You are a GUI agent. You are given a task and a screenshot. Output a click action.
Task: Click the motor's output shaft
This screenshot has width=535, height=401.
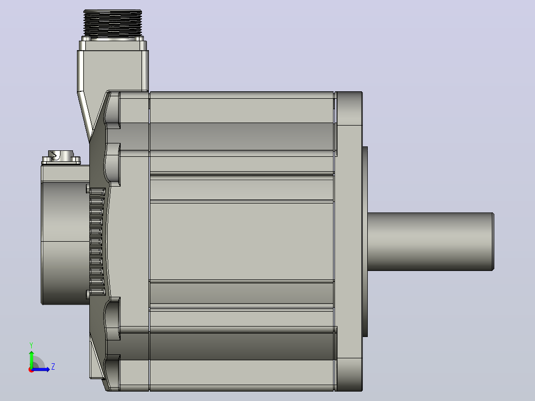431,242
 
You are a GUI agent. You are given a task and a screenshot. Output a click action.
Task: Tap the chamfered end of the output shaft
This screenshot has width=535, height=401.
493,242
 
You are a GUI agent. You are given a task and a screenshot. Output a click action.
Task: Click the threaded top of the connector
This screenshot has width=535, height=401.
113,23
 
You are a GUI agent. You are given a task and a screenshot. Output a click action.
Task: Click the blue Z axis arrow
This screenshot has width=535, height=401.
41,369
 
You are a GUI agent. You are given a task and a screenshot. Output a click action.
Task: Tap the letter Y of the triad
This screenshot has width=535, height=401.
31,345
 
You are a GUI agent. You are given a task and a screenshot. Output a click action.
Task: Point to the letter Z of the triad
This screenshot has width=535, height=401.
53,367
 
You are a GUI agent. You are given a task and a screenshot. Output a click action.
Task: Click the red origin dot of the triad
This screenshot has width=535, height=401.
31,370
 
